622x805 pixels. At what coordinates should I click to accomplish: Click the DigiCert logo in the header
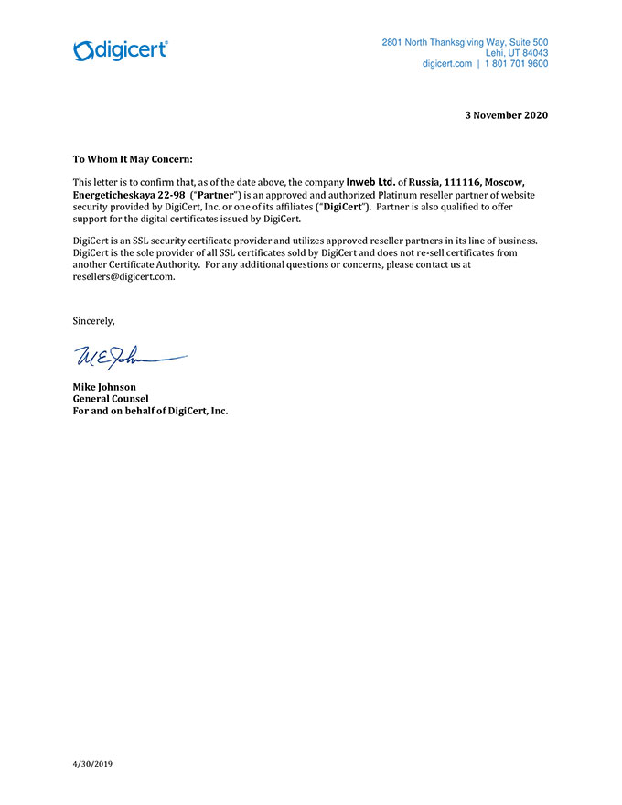[x=120, y=50]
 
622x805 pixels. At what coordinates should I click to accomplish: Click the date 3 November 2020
[x=507, y=115]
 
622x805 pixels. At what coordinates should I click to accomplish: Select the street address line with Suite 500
[x=465, y=42]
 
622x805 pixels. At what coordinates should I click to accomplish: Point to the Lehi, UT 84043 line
[x=517, y=53]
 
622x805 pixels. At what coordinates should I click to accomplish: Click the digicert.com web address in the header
[x=446, y=64]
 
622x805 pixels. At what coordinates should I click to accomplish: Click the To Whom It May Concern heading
[x=133, y=159]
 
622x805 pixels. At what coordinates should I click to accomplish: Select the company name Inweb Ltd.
[x=370, y=181]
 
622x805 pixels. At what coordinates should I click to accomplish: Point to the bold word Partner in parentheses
[x=215, y=195]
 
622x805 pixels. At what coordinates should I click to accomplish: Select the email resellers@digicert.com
[x=123, y=277]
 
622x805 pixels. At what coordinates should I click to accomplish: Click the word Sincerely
[x=93, y=321]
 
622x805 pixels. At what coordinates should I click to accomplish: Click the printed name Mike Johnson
[x=104, y=387]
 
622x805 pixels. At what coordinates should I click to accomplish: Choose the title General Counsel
[x=110, y=399]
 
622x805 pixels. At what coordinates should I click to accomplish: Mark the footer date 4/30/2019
[x=92, y=763]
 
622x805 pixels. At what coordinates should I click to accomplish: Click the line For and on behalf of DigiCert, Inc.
[x=150, y=411]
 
